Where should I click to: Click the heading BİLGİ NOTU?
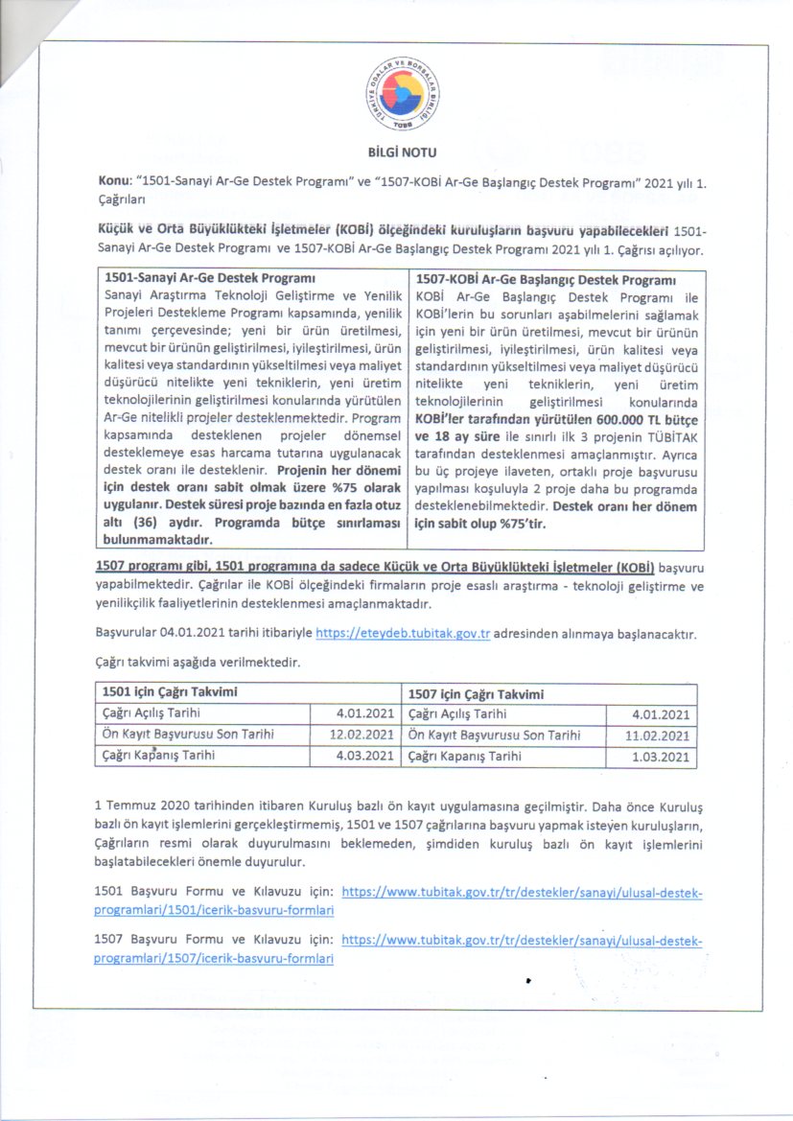[x=396, y=152]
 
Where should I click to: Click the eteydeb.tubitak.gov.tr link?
[x=403, y=635]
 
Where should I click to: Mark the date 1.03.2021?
[x=661, y=758]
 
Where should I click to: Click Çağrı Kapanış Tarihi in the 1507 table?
[x=465, y=757]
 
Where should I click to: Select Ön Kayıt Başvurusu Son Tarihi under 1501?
[x=188, y=735]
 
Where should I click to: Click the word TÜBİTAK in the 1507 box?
[x=670, y=455]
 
